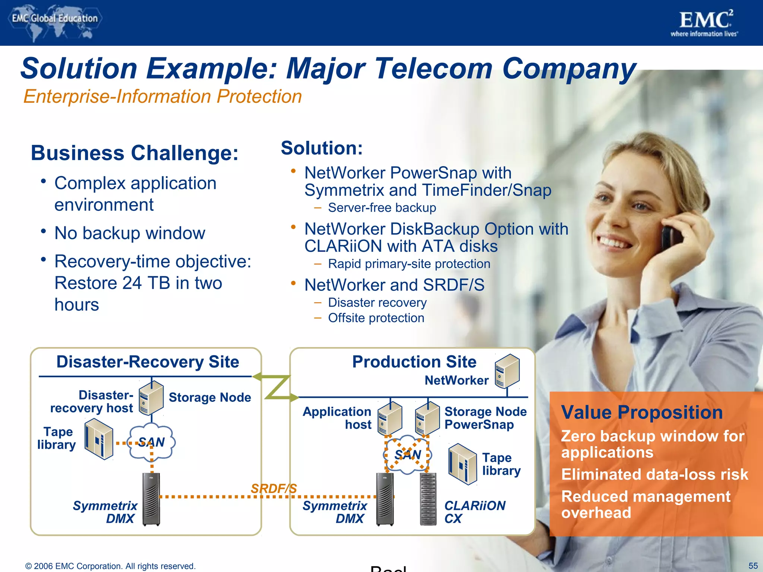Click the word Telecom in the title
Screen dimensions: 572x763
click(x=434, y=69)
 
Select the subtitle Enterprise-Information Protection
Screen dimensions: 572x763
click(x=162, y=96)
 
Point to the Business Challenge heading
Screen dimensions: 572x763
click(x=134, y=153)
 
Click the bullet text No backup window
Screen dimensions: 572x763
click(x=130, y=233)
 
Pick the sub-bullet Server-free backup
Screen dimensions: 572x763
click(x=381, y=208)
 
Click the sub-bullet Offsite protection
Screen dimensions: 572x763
click(x=376, y=318)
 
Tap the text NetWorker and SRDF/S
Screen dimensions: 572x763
click(x=394, y=285)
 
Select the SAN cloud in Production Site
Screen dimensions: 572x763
click(x=408, y=454)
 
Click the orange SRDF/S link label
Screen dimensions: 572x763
click(x=274, y=488)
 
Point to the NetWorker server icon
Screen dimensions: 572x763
click(x=507, y=371)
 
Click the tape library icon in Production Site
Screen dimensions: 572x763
click(x=462, y=464)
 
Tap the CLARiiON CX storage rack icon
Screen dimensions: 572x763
click(x=428, y=499)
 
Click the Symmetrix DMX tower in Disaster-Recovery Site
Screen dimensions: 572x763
click(x=151, y=499)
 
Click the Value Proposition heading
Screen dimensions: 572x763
click(x=642, y=413)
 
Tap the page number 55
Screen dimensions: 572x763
click(x=753, y=566)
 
